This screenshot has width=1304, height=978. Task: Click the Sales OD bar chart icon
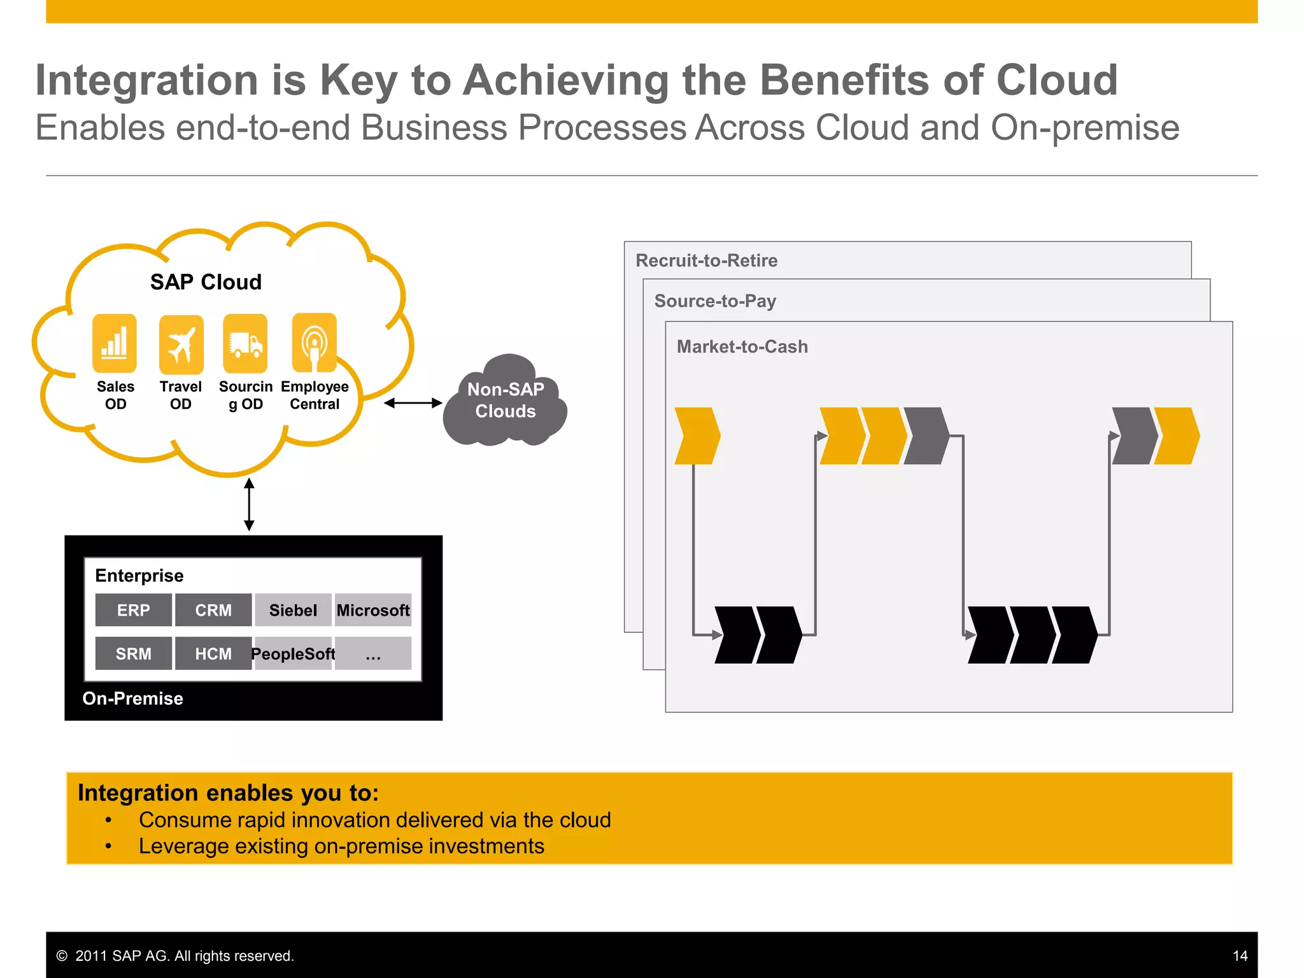[115, 343]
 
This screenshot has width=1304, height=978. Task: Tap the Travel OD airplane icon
[181, 344]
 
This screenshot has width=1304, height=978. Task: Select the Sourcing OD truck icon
[245, 344]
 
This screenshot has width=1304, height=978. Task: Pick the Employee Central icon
[314, 343]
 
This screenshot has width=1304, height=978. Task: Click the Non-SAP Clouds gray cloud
[506, 400]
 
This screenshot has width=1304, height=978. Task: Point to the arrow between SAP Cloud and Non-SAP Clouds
[413, 403]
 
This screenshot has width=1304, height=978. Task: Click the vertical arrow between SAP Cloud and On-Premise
[249, 504]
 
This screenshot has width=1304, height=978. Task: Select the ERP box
[134, 610]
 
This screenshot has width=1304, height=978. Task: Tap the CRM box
[213, 610]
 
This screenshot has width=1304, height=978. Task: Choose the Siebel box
[293, 610]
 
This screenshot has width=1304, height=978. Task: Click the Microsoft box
[373, 610]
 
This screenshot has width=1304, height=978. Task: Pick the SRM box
[134, 653]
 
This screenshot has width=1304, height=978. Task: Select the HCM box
[213, 653]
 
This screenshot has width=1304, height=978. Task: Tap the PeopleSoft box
[293, 653]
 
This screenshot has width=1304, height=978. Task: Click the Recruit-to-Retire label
[706, 260]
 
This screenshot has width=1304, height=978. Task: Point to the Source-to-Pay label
[715, 301]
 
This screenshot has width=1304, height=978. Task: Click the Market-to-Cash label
[742, 346]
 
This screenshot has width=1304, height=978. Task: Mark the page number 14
[1240, 956]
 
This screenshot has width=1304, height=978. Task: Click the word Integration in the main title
[146, 80]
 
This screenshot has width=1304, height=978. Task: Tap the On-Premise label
[132, 698]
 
